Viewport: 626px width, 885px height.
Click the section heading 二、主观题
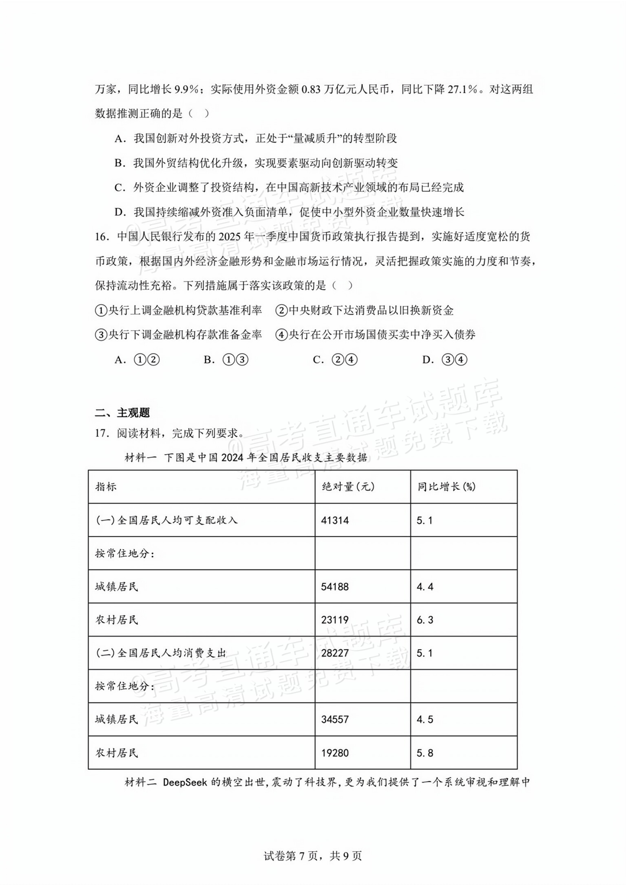coord(122,413)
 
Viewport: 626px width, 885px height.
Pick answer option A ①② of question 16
coord(137,360)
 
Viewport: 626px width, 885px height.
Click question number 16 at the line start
coord(101,237)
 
